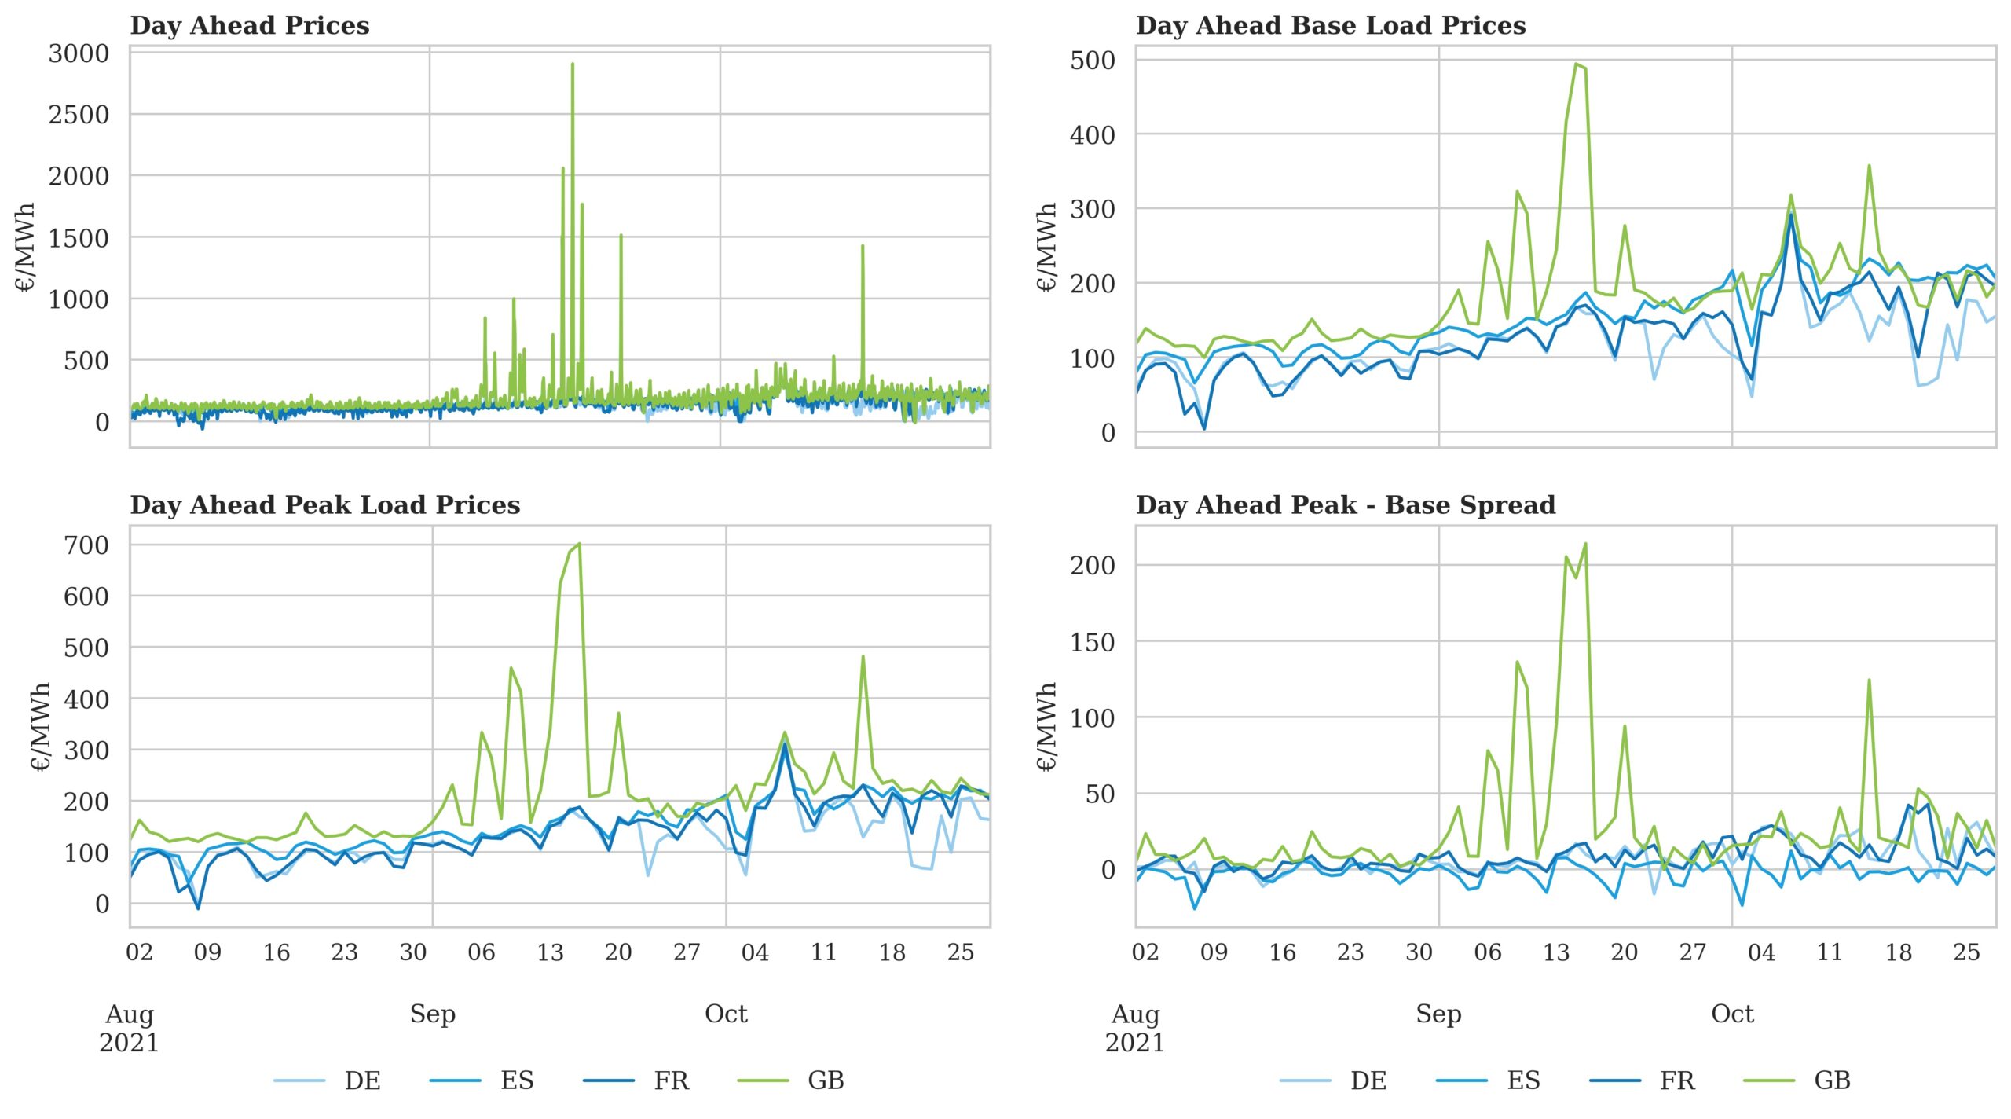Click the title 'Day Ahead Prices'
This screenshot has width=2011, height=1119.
click(x=249, y=25)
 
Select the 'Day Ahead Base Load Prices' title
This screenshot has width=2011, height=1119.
click(x=1330, y=25)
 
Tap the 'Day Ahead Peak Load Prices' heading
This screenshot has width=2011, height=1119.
click(x=324, y=504)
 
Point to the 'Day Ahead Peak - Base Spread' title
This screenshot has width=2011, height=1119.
click(x=1345, y=504)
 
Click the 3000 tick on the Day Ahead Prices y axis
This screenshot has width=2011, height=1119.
click(x=79, y=53)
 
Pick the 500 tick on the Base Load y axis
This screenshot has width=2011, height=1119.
click(x=1092, y=61)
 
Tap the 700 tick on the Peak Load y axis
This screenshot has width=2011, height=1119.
click(x=86, y=545)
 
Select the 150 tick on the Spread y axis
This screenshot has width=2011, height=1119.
click(x=1092, y=642)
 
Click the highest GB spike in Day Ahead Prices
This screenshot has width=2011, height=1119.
click(x=573, y=64)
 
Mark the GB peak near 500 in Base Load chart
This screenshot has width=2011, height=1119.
click(x=1577, y=64)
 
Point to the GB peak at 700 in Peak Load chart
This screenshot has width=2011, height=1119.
click(x=579, y=544)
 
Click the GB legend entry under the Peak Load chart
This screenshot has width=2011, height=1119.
click(x=826, y=1080)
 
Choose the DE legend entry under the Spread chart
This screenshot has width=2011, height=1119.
click(x=1368, y=1080)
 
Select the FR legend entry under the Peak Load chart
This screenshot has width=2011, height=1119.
click(x=671, y=1080)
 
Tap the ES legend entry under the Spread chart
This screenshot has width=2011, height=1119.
click(x=1522, y=1080)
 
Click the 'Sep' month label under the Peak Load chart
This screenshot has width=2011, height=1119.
click(x=432, y=1014)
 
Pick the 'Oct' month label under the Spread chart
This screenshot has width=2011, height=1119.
click(x=1732, y=1014)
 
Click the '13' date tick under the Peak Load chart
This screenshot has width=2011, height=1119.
click(x=550, y=952)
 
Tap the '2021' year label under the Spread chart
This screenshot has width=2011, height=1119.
click(x=1134, y=1043)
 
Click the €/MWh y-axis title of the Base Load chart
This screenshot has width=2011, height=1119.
click(x=1046, y=247)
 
